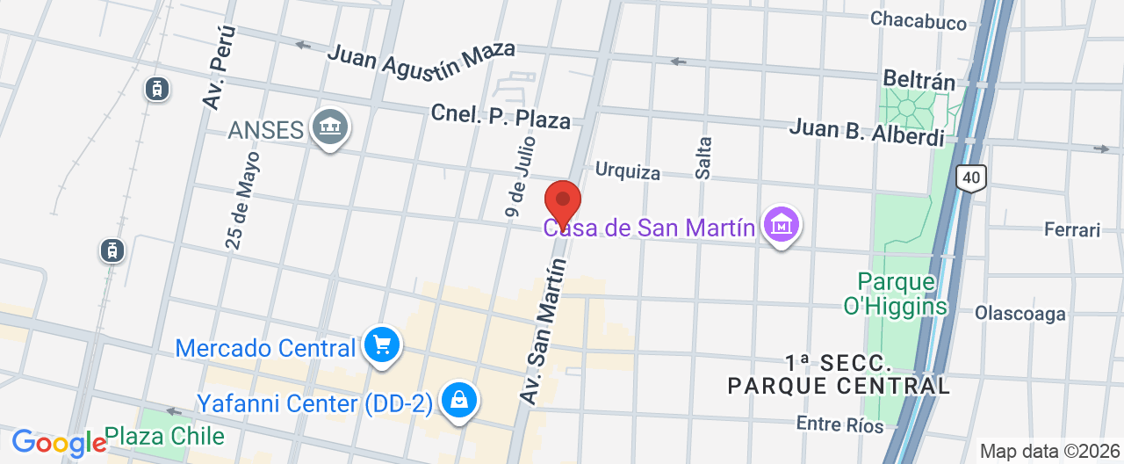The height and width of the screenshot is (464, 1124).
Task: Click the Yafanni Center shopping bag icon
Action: point(458,402)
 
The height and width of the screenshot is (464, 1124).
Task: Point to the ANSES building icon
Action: point(330,129)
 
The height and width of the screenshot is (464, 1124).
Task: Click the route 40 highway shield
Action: point(970,178)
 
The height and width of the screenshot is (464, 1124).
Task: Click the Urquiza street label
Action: point(627,170)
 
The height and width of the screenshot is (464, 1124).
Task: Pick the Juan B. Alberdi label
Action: point(867,133)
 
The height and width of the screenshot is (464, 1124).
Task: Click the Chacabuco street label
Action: point(919,21)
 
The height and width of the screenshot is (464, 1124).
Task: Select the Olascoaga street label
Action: point(1020,313)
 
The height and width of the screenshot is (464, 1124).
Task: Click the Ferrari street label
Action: point(1071,230)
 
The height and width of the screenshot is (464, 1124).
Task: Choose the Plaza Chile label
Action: point(164,436)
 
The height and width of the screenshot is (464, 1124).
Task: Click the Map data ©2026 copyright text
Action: point(1048,452)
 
